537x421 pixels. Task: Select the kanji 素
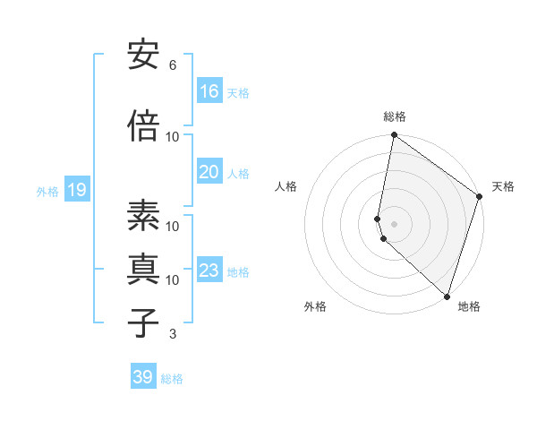coord(143,216)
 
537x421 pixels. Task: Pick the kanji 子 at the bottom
coord(143,322)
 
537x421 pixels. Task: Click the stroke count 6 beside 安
coord(173,65)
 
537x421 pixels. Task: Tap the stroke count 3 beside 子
coord(173,334)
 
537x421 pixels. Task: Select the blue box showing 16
coord(209,90)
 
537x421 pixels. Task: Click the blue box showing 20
coord(209,172)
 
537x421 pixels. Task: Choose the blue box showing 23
coord(209,271)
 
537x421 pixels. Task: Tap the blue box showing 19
coord(76,190)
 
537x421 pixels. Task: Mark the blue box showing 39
coord(143,377)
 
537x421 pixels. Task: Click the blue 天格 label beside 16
coord(238,92)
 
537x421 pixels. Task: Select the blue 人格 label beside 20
coord(238,173)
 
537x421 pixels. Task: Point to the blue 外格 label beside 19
coord(47,191)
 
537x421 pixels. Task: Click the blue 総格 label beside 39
coord(172,379)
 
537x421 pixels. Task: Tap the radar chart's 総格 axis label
coord(395,116)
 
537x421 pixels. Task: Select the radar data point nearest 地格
coord(447,296)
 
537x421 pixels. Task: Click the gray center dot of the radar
coord(394,222)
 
